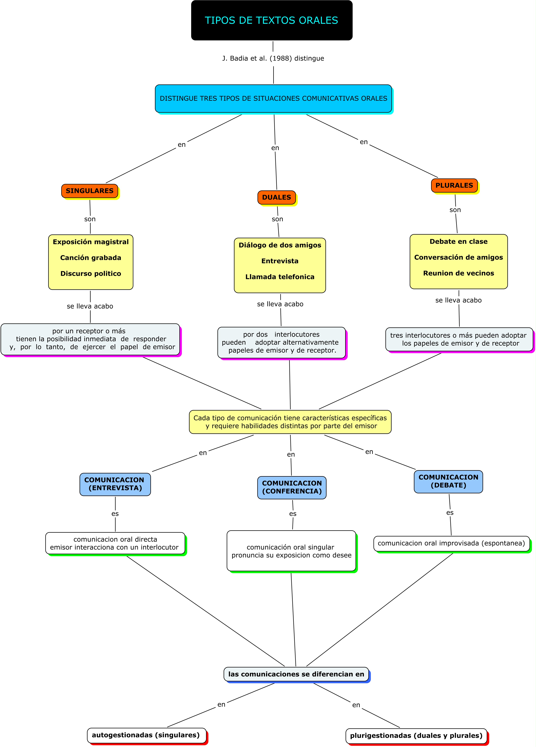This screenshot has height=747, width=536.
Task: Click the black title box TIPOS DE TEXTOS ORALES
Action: point(271,20)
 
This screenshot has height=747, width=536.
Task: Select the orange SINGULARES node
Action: point(90,191)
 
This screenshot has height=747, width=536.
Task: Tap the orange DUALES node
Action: point(276,197)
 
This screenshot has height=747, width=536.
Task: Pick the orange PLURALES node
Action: point(454,185)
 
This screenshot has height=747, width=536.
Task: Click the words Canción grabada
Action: point(91,258)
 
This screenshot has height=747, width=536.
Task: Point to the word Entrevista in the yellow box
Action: point(280,261)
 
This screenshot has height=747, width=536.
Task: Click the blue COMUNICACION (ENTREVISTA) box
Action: point(115,484)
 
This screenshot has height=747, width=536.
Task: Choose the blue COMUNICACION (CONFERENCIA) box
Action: point(292,487)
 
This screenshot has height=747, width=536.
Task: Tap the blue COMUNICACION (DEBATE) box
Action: point(448,481)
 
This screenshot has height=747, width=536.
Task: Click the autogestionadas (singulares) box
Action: point(146,735)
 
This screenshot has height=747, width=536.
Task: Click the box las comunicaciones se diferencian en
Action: point(296,674)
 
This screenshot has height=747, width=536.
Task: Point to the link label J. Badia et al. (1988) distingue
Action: point(273,58)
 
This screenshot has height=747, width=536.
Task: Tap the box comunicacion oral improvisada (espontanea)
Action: point(451,543)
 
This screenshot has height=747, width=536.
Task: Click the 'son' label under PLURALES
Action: point(455,210)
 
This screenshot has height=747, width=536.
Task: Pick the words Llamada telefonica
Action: point(280,277)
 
